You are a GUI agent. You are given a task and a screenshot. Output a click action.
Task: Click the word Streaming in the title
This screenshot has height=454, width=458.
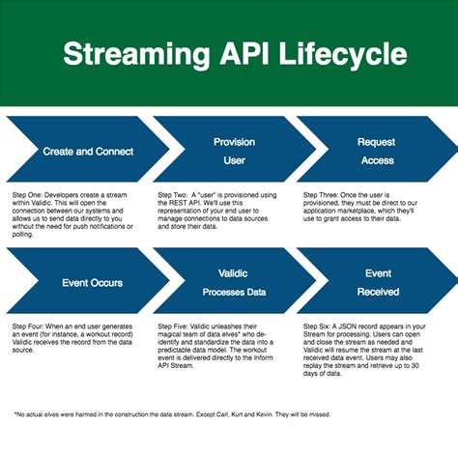point(133,54)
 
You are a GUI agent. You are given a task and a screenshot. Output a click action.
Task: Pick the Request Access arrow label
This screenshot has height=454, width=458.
point(376,151)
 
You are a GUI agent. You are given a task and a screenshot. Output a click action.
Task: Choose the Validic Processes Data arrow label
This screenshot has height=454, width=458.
point(234,282)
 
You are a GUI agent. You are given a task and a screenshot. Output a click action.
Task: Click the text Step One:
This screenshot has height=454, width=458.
point(29,194)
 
